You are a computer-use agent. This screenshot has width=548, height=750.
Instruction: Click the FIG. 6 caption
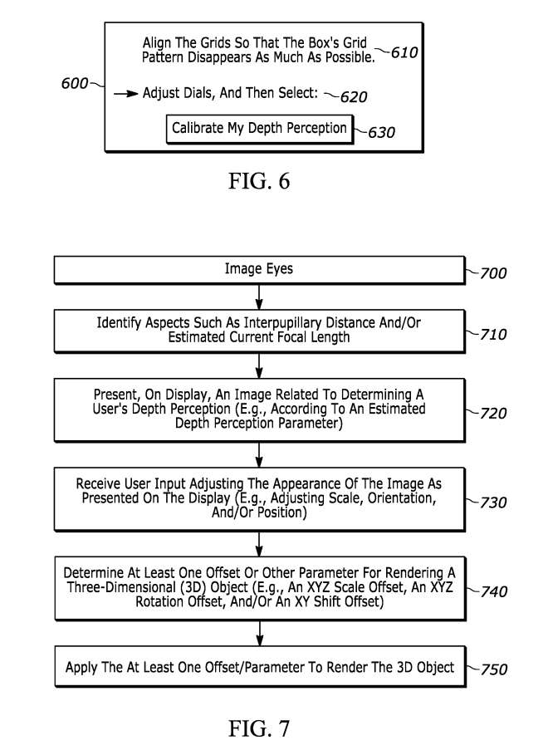click(259, 180)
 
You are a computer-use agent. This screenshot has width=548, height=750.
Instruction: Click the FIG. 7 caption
click(259, 728)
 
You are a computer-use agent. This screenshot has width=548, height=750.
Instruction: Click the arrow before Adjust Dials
click(126, 94)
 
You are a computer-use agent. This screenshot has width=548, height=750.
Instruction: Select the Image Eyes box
click(259, 270)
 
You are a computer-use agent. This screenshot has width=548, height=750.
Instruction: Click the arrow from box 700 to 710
click(259, 297)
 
